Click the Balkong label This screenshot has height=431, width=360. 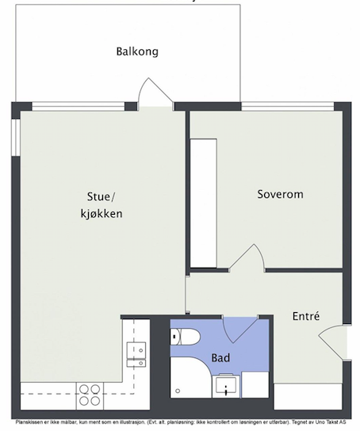point(137,52)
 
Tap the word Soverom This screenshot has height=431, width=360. point(280,194)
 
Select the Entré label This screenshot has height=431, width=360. point(305,315)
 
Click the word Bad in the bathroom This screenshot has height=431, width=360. point(220,358)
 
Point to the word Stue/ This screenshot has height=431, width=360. point(101,197)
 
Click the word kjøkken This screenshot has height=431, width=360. point(100,214)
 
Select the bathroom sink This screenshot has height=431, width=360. point(226,387)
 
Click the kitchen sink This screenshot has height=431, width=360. point(136,352)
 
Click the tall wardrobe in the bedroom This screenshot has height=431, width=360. point(205,203)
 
